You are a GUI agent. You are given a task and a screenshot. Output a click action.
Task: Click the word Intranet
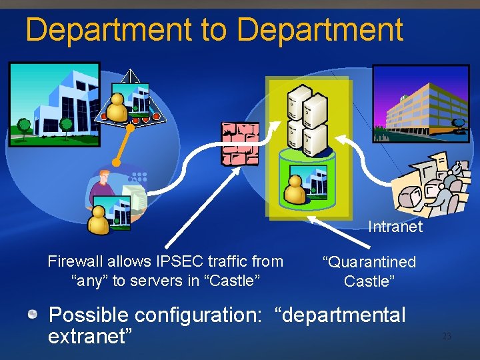click(x=395, y=227)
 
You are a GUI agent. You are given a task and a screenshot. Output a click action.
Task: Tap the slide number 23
click(x=447, y=337)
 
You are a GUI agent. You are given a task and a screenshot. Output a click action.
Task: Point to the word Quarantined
click(x=369, y=263)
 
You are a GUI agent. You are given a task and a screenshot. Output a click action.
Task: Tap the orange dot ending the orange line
click(x=116, y=162)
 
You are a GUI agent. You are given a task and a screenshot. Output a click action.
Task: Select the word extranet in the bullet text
click(x=87, y=336)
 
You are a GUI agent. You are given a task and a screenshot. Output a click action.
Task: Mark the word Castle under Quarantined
click(x=369, y=281)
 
